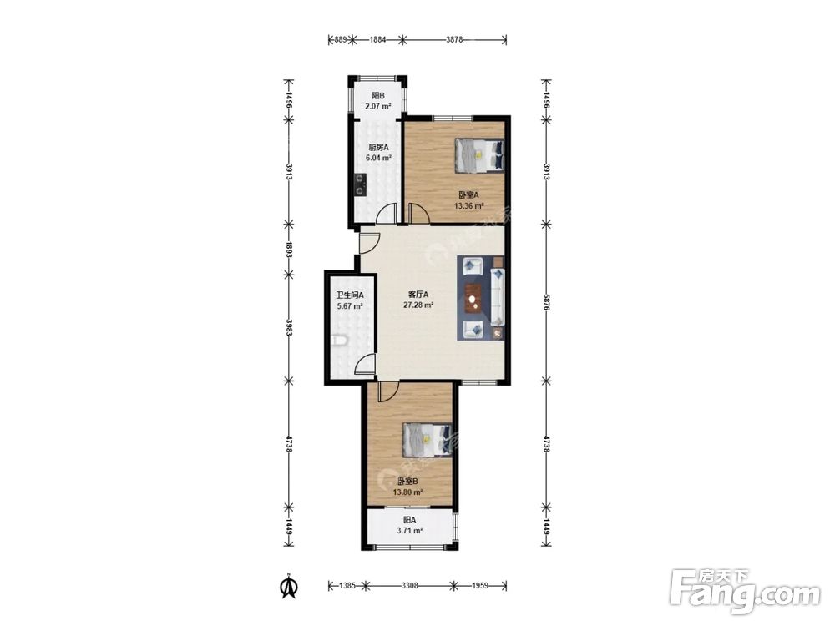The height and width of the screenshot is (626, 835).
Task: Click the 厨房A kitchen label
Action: pyautogui.click(x=378, y=148)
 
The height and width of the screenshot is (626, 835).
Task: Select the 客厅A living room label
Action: pyautogui.click(x=418, y=295)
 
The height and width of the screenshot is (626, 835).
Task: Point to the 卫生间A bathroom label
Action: pyautogui.click(x=349, y=295)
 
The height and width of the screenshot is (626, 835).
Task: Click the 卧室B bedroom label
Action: pyautogui.click(x=407, y=482)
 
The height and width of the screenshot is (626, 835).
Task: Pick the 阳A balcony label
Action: pyautogui.click(x=409, y=519)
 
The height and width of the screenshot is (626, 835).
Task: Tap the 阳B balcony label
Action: pyautogui.click(x=378, y=96)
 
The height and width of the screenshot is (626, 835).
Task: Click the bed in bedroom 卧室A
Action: pyautogui.click(x=479, y=155)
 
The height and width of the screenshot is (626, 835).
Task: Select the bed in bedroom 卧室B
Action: pyautogui.click(x=428, y=440)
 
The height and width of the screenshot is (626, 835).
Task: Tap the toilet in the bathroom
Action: pyautogui.click(x=339, y=341)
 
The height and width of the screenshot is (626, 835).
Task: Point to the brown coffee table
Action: pyautogui.click(x=473, y=298)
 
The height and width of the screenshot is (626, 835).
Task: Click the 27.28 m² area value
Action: pyautogui.click(x=418, y=305)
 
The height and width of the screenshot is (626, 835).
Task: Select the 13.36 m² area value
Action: pyautogui.click(x=468, y=206)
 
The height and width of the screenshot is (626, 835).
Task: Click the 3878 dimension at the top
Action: pyautogui.click(x=454, y=39)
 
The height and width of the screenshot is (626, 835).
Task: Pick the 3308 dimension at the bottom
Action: pyautogui.click(x=409, y=586)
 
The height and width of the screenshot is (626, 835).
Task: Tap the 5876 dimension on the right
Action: pyautogui.click(x=546, y=302)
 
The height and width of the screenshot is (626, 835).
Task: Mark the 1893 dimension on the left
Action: pyautogui.click(x=289, y=249)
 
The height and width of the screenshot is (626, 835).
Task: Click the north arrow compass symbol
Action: pyautogui.click(x=289, y=586)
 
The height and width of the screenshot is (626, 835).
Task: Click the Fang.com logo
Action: pyautogui.click(x=745, y=591)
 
